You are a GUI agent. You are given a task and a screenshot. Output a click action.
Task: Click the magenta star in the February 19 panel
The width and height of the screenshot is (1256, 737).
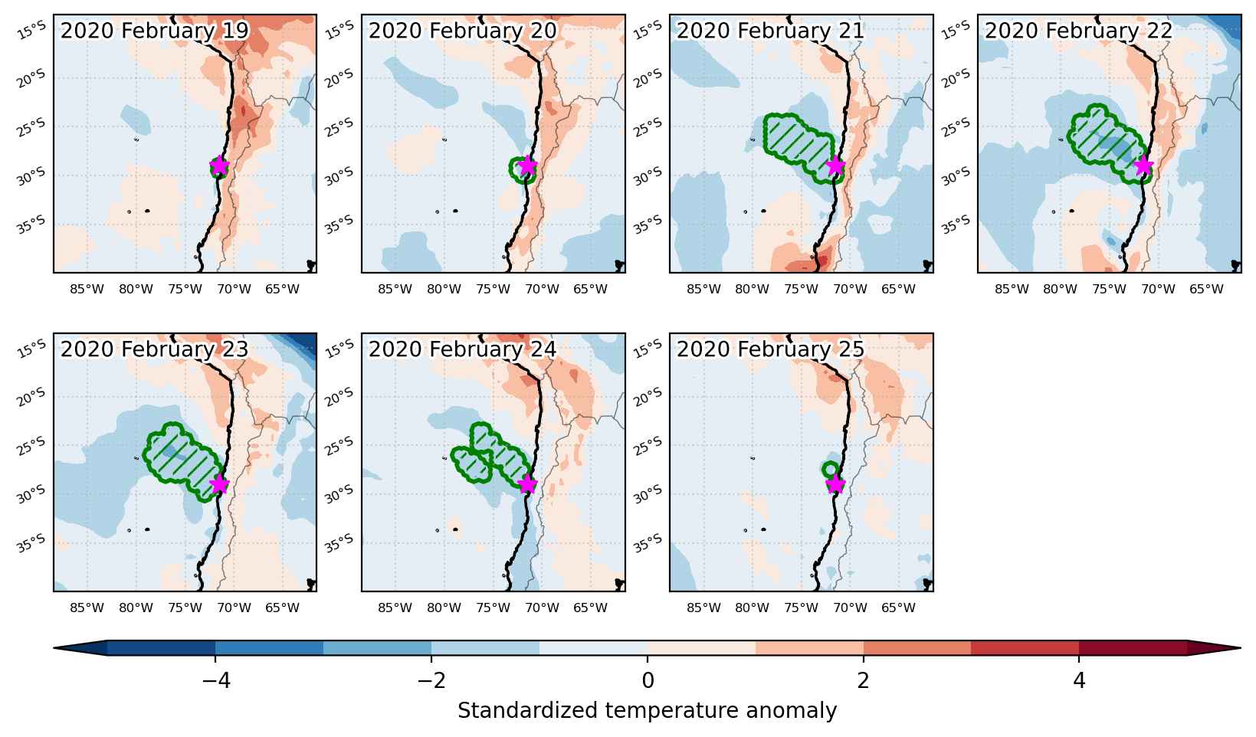(219, 166)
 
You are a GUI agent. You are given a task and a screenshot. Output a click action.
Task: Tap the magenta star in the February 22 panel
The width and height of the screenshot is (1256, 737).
(1144, 166)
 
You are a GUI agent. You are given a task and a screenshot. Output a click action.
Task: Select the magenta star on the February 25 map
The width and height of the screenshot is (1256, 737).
(835, 484)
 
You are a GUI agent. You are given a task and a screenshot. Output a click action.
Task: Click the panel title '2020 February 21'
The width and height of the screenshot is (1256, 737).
(770, 31)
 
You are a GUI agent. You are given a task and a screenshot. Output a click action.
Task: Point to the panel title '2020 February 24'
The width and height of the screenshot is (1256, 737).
(463, 349)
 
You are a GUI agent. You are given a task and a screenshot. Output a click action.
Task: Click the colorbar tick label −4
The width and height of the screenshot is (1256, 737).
(216, 680)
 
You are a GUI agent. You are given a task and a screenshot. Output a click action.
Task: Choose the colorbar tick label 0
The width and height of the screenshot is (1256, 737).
(648, 680)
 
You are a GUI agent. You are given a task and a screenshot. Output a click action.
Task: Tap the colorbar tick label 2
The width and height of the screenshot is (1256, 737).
(864, 680)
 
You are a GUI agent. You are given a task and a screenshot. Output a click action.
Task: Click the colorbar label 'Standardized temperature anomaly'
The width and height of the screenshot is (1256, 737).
(647, 711)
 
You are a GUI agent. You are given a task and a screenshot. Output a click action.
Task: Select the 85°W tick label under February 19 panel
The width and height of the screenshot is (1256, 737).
(87, 289)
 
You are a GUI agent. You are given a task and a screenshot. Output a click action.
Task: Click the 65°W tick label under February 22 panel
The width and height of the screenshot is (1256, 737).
(1207, 289)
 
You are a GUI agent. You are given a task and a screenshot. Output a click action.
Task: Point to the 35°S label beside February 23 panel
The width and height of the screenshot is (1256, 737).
(31, 542)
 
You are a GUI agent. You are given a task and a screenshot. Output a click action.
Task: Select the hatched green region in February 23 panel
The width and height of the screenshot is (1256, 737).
(182, 460)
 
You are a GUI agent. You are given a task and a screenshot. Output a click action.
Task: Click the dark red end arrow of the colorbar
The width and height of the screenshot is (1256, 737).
(1214, 648)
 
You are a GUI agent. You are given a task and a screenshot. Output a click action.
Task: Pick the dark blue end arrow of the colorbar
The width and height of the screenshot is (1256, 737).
(80, 648)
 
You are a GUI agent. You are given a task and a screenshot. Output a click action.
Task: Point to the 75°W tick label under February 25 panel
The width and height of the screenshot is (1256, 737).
(801, 608)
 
